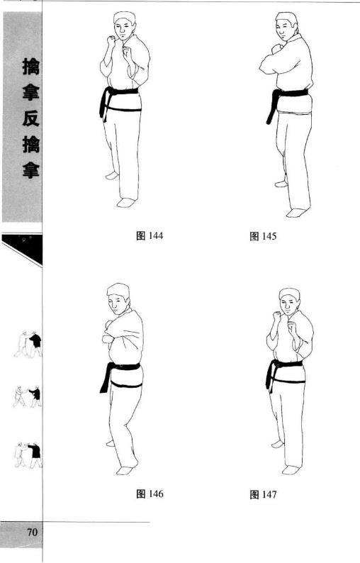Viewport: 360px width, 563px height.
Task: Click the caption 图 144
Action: (x=150, y=236)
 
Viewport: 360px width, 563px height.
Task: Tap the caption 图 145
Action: (x=263, y=236)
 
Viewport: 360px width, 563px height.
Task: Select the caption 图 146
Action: (x=150, y=494)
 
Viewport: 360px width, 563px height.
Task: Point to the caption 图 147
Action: (x=263, y=494)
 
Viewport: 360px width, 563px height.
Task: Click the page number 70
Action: (x=32, y=532)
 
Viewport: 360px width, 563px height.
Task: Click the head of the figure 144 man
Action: (x=125, y=26)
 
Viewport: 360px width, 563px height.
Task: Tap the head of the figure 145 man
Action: (x=286, y=27)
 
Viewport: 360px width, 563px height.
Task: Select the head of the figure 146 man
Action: (x=118, y=299)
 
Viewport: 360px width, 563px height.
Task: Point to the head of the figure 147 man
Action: (x=289, y=302)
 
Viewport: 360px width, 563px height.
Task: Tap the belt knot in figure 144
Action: (x=109, y=92)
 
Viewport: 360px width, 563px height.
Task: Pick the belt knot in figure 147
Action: (x=275, y=364)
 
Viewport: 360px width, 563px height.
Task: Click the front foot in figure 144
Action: (x=126, y=203)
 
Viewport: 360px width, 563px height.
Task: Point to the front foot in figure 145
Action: (x=297, y=213)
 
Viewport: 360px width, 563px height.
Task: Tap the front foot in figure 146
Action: (x=125, y=470)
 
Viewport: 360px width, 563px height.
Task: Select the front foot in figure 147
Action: (x=291, y=470)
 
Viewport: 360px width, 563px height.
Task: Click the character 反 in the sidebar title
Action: (x=31, y=118)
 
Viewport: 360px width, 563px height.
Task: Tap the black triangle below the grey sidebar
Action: (x=25, y=248)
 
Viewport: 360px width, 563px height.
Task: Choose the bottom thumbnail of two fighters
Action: (x=28, y=455)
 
